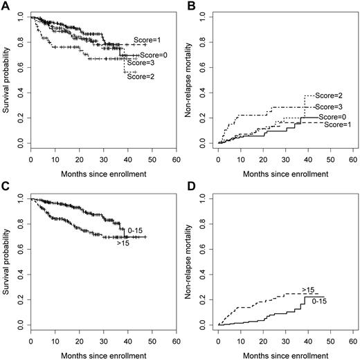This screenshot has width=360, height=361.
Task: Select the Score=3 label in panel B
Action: coord(329,107)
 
